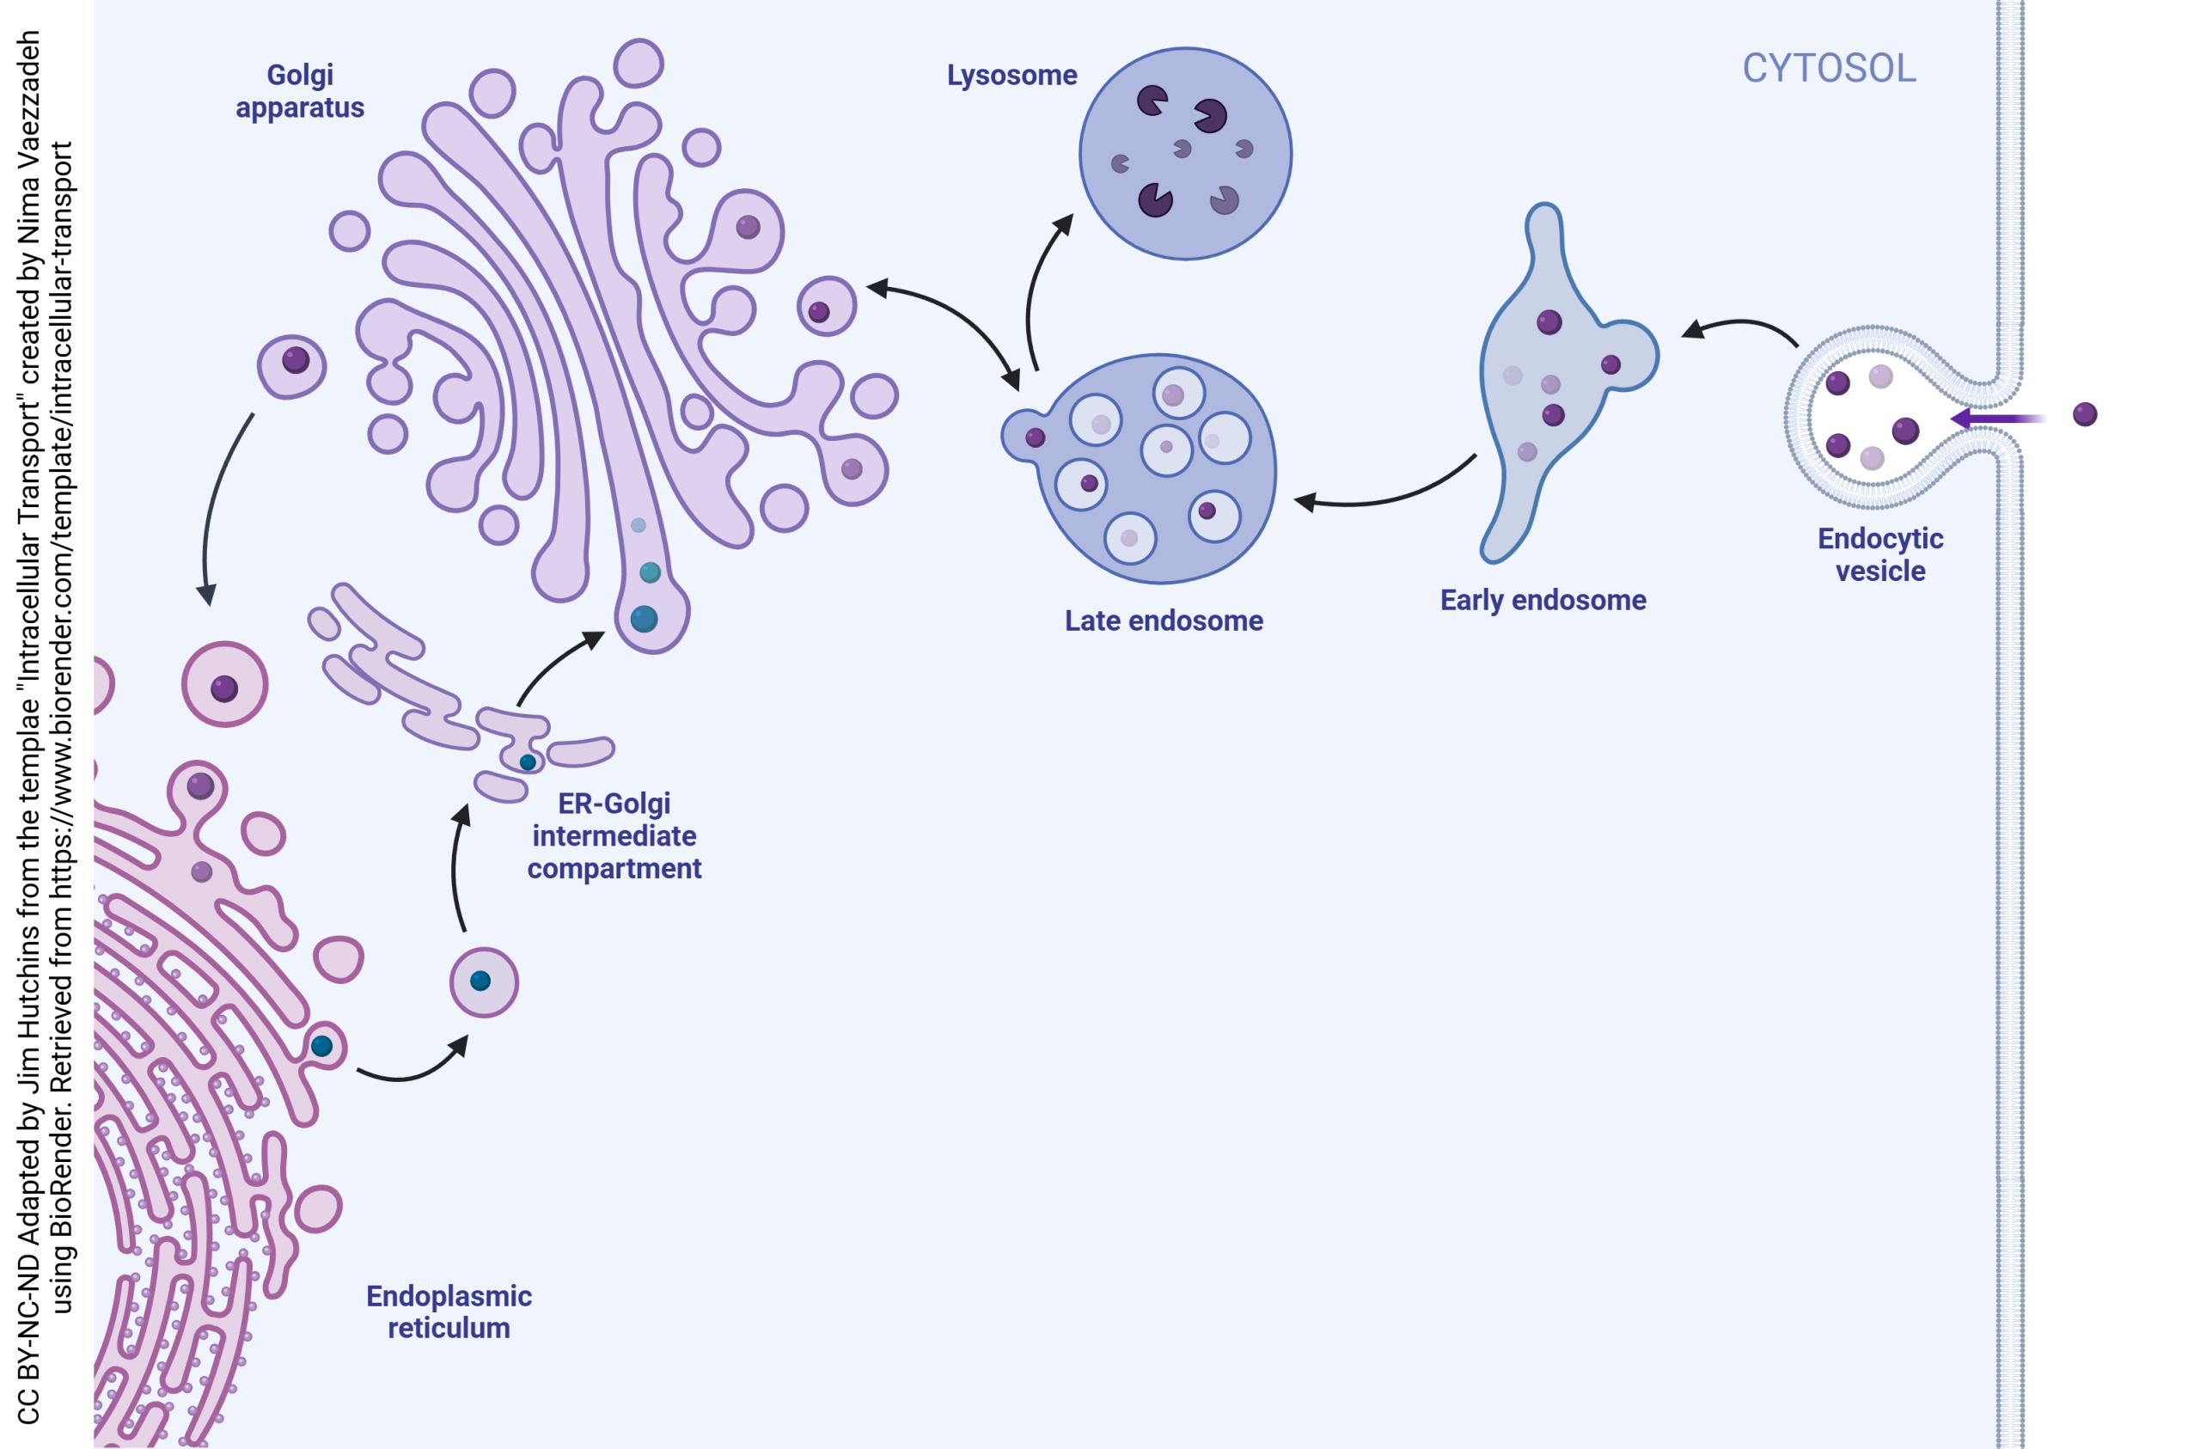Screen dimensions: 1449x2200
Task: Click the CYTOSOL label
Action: click(1829, 69)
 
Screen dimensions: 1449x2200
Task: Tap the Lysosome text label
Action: click(1011, 75)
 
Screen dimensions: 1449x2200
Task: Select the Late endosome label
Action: click(1163, 621)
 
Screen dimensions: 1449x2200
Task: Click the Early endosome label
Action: click(1542, 600)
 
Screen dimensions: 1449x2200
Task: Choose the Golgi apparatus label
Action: click(300, 90)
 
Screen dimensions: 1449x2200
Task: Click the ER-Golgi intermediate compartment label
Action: click(614, 836)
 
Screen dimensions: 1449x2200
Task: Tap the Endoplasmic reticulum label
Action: click(449, 1311)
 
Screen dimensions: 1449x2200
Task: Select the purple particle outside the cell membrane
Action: click(2085, 414)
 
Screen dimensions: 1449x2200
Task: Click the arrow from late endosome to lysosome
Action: click(1038, 287)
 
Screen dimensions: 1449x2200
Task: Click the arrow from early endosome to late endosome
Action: click(1386, 497)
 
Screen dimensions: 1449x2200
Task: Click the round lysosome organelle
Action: click(1185, 154)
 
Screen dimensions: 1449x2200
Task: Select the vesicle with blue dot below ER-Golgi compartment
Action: click(484, 982)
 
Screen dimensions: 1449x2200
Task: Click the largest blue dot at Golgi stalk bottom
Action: click(645, 619)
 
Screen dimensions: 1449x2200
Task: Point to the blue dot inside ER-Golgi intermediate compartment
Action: click(527, 763)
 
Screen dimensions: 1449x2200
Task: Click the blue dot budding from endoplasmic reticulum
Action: click(321, 1046)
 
